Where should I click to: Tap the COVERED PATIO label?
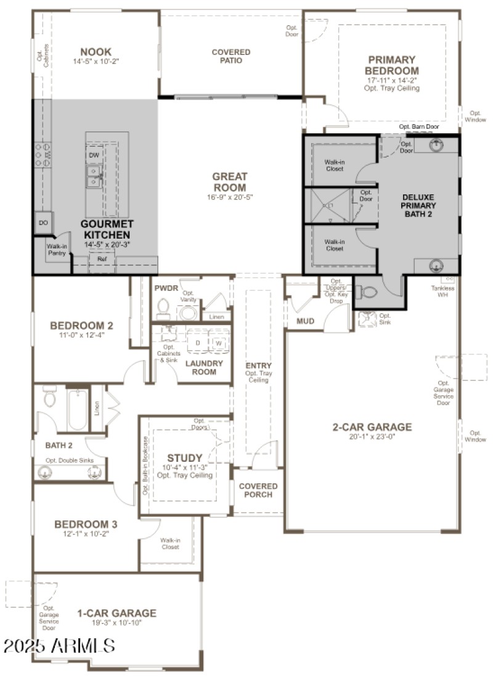[231, 56]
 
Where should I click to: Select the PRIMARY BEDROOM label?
[392, 65]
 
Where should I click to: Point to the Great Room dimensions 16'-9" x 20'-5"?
[229, 197]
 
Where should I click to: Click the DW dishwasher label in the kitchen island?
[94, 155]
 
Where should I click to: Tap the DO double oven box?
[44, 223]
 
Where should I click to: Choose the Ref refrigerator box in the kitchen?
[102, 260]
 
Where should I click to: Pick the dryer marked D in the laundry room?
[198, 342]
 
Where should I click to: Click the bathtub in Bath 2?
[78, 409]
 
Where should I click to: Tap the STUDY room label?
[184, 458]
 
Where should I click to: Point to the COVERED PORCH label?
[258, 490]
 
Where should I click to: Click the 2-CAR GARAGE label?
[372, 427]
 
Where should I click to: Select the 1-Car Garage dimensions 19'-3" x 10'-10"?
[116, 623]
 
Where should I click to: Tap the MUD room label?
[306, 321]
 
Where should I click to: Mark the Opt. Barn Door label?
[419, 126]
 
